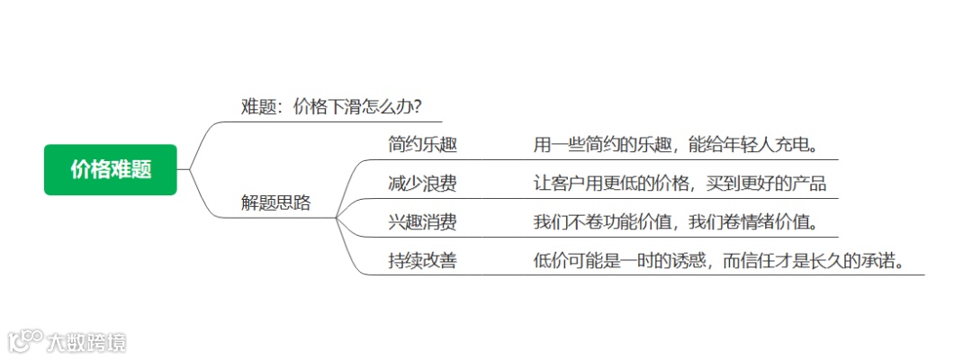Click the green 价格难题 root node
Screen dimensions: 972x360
pos(111,169)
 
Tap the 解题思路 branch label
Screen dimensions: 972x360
pos(276,202)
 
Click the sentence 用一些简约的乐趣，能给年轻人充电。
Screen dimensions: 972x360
pos(675,145)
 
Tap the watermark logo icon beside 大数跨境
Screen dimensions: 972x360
pos(25,341)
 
